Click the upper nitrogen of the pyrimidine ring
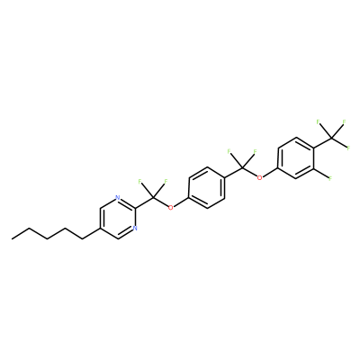point(118,198)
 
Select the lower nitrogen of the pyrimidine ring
point(135,229)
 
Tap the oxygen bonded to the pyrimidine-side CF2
point(170,208)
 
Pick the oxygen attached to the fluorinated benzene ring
point(260,177)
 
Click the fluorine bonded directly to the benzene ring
point(330,178)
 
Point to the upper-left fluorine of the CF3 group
point(318,121)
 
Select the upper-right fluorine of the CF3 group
point(344,121)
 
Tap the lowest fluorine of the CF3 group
point(348,148)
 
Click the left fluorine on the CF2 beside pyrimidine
point(139,181)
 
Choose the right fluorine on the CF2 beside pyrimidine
point(166,181)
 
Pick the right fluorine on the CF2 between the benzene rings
point(255,151)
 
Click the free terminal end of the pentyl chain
point(12,239)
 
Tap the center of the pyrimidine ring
point(118,218)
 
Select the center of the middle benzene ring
point(207,188)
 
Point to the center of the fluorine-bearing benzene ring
point(296,157)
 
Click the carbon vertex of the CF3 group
point(331,138)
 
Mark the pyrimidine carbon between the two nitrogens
point(135,208)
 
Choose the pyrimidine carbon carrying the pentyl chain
point(100,229)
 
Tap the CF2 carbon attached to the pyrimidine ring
point(153,198)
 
